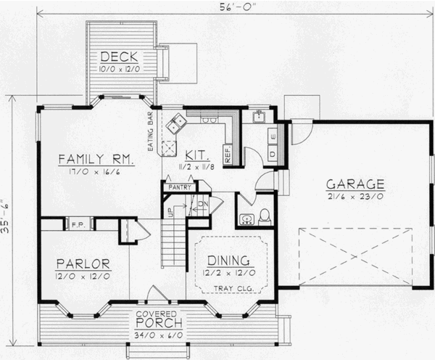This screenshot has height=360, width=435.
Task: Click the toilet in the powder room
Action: tap(265, 216)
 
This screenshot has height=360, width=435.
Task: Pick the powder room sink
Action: tap(247, 218)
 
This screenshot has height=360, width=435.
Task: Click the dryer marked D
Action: tap(273, 153)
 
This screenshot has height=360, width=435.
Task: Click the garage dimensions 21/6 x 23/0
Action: tap(354, 195)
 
